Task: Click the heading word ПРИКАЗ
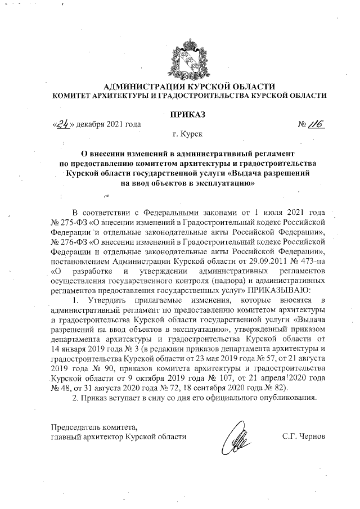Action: (x=180, y=114)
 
